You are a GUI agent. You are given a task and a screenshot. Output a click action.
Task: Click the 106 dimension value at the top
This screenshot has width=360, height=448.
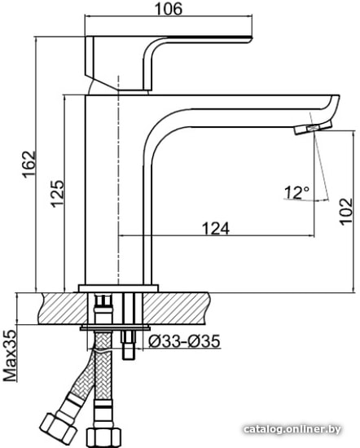[x=169, y=9]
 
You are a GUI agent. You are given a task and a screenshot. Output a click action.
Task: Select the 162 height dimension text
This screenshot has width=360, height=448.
[x=29, y=165]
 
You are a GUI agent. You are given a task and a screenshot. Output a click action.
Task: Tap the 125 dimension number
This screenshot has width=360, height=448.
[x=57, y=193]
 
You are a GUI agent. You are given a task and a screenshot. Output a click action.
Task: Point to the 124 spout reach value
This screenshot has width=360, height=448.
[x=216, y=228]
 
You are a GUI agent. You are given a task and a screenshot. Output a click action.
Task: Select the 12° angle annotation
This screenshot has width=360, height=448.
[x=296, y=192]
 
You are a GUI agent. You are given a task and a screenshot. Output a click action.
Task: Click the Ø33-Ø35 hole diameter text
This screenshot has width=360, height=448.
[x=184, y=340]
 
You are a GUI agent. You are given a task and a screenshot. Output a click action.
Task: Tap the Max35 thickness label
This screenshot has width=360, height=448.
[x=10, y=356]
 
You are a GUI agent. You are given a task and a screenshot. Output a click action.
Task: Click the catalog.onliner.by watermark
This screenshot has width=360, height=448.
[x=292, y=428]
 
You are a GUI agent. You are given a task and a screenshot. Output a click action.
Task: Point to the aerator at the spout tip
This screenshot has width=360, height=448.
[x=313, y=127]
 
